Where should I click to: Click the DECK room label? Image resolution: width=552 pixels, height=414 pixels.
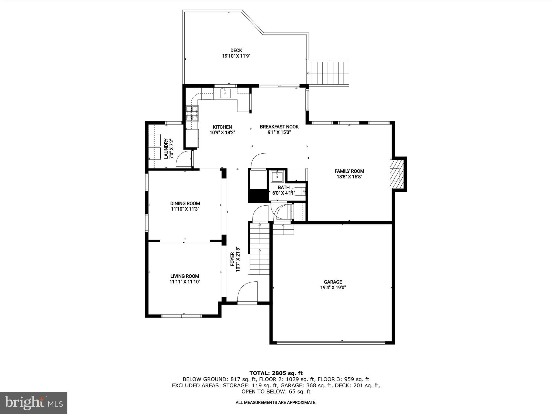[236, 50]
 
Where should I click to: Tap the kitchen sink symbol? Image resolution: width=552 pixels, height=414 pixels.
[225, 93]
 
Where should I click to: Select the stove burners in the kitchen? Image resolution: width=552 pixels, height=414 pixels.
[192, 113]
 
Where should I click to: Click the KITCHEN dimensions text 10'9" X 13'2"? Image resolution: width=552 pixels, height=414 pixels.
[222, 132]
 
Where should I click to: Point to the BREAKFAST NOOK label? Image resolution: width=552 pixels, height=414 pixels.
[279, 127]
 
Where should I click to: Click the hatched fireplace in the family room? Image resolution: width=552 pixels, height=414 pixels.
[397, 174]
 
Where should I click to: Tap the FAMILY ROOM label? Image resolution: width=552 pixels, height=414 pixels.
[349, 171]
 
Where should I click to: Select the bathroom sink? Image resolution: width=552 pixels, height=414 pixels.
[277, 177]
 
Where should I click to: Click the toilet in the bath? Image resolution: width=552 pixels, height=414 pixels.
[300, 191]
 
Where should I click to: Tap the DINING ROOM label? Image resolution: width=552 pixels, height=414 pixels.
[185, 203]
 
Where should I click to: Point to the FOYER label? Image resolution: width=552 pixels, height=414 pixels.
[232, 259]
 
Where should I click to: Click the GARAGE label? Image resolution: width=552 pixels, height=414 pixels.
[333, 282]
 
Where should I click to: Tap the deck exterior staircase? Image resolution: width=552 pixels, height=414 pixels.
[329, 73]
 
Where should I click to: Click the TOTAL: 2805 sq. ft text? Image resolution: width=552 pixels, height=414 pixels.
[276, 373]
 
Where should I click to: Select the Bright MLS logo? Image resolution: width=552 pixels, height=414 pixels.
[34, 403]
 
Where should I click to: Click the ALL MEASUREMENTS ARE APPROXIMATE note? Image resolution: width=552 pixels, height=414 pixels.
[276, 403]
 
